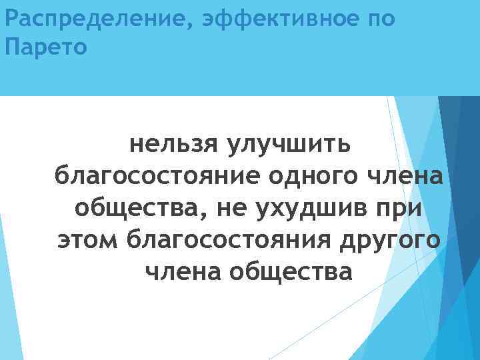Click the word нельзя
[x=174, y=143]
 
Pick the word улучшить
[x=294, y=143]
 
